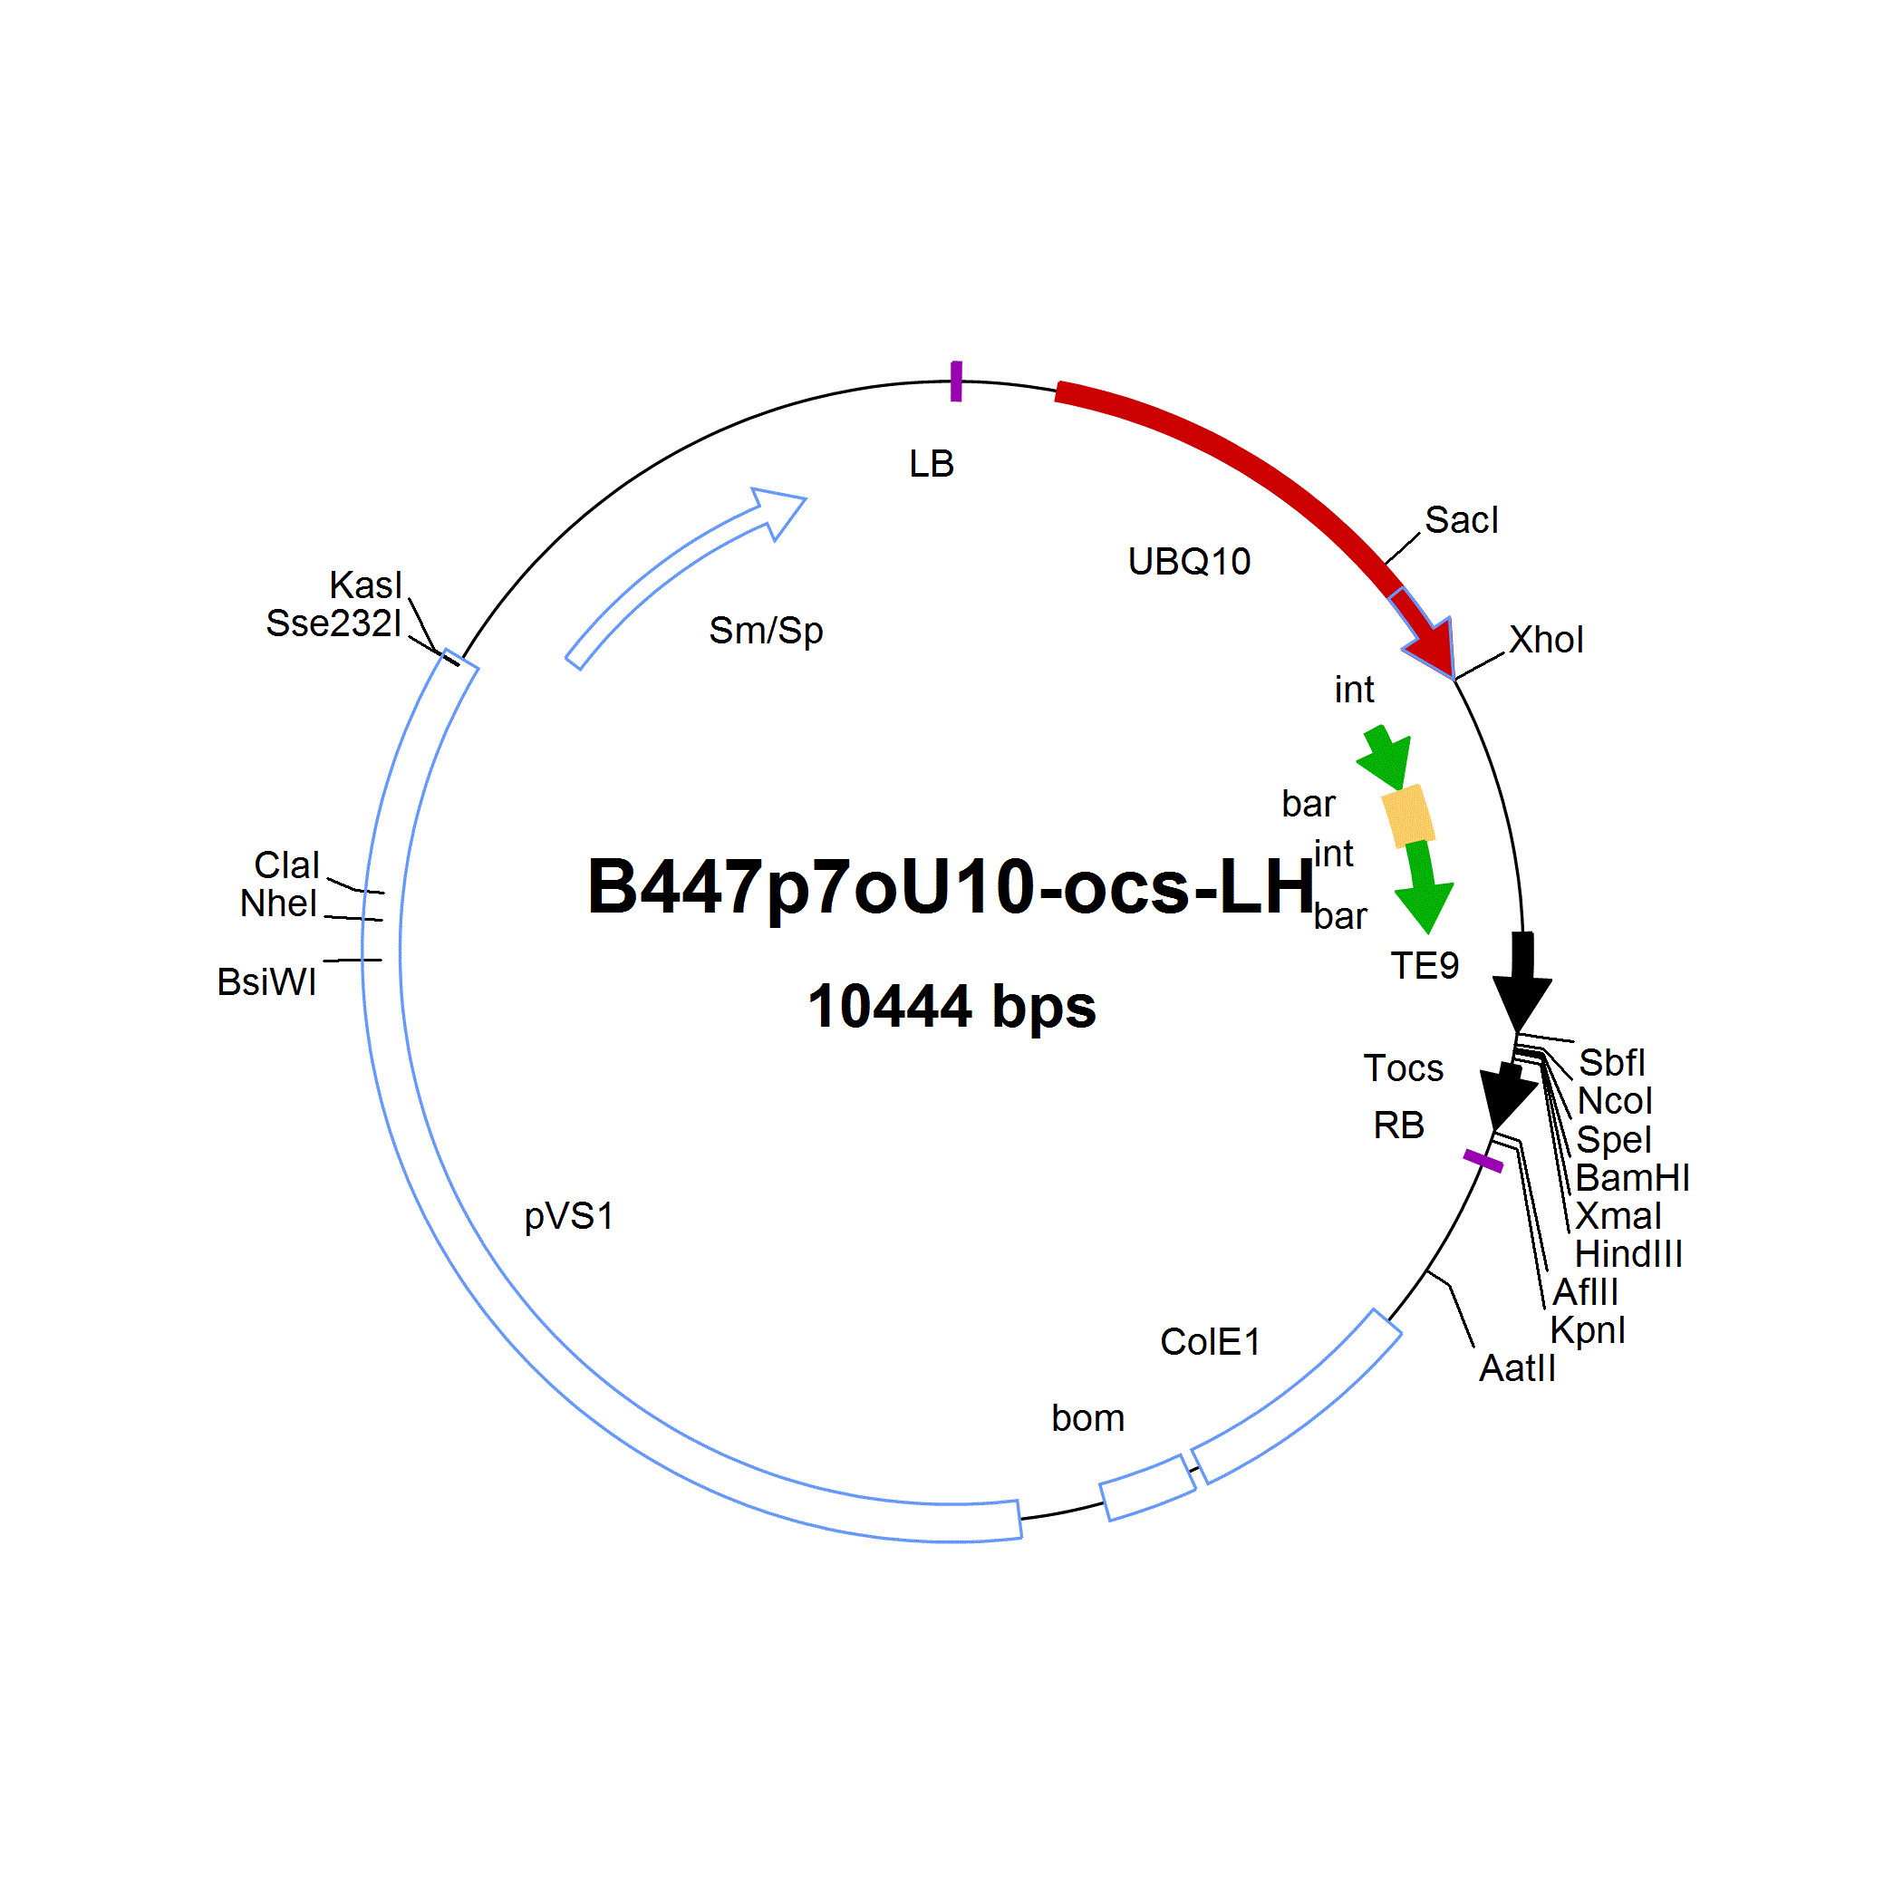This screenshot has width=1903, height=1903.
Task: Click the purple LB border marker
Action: pos(955,382)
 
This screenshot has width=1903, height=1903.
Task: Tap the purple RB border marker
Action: pos(1483,1162)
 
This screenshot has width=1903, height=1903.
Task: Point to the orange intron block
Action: pos(1408,816)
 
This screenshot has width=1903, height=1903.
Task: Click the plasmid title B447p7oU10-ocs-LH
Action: pos(951,886)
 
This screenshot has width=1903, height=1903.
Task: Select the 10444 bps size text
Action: pos(951,1006)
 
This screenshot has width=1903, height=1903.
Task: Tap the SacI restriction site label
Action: pos(1462,520)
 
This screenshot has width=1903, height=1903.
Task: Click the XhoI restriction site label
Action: pos(1547,641)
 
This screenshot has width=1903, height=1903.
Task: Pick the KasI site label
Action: pos(365,585)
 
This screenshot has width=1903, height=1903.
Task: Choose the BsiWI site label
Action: pos(267,982)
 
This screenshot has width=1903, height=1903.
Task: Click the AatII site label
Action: pos(1517,1368)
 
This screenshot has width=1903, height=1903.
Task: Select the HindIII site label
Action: pos(1629,1254)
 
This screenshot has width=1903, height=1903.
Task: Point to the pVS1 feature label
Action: pos(568,1217)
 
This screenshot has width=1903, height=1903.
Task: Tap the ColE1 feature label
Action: pos(1211,1341)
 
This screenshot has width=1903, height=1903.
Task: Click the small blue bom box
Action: pos(1147,1487)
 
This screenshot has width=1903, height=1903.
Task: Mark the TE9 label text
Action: pos(1425,965)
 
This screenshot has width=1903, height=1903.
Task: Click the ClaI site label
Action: pos(286,865)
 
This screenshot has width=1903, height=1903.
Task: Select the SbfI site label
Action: pos(1611,1063)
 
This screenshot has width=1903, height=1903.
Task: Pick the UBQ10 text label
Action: pos(1189,562)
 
